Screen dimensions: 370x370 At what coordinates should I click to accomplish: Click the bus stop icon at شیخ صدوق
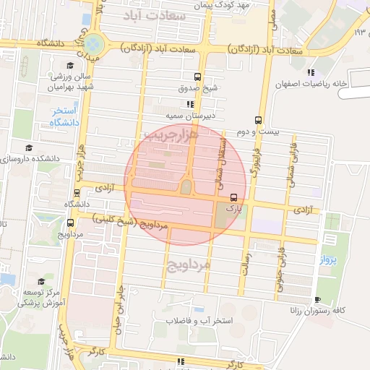point(198,77)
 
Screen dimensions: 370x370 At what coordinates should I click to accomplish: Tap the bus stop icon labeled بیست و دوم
point(259,121)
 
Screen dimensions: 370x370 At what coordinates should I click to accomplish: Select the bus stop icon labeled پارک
point(233,197)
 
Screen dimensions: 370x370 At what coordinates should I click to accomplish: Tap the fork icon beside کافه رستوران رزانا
point(317,299)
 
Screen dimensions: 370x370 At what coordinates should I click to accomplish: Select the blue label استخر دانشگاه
point(64,116)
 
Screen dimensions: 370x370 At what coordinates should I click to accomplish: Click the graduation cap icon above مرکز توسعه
point(42,281)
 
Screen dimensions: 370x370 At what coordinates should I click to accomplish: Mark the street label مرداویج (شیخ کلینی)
point(160,226)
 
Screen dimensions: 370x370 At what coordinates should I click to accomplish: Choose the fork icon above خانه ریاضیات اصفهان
point(311,72)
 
